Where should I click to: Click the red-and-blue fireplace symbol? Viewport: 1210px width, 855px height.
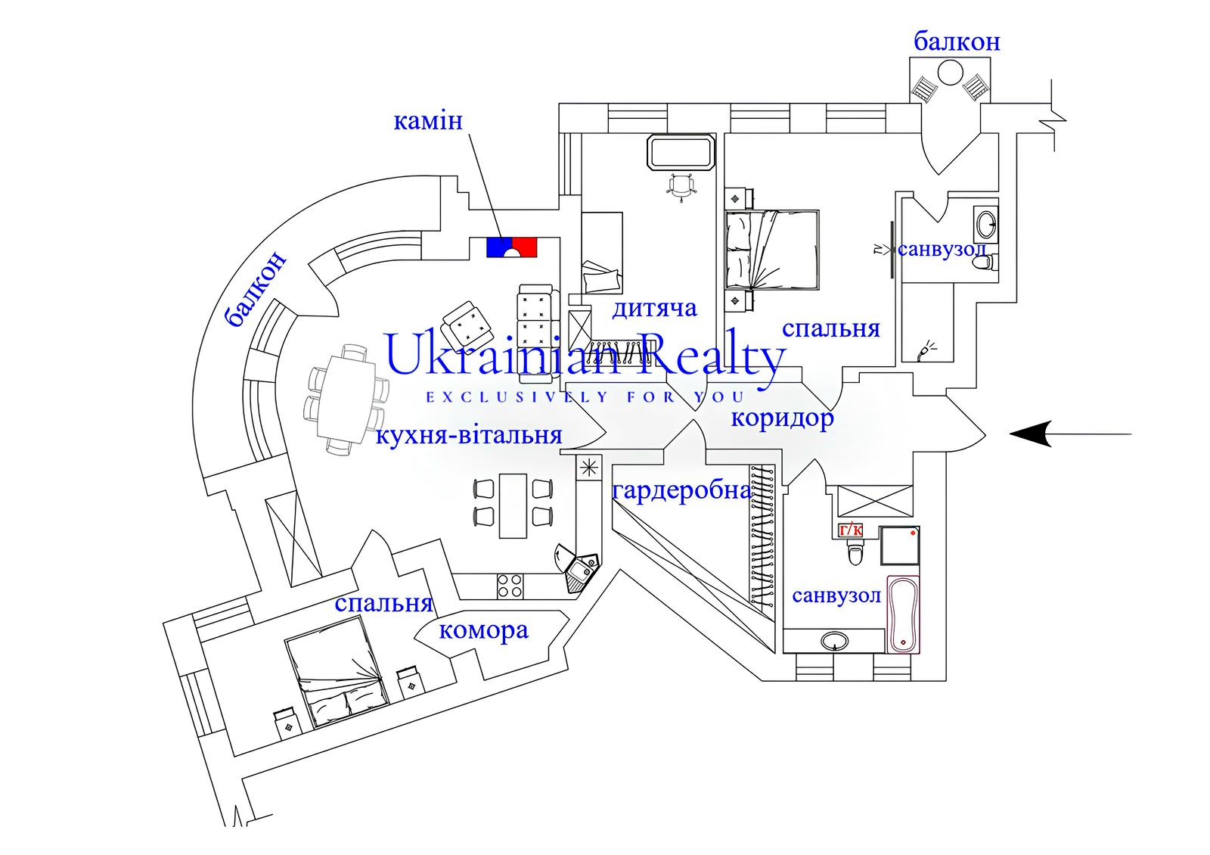tap(511, 247)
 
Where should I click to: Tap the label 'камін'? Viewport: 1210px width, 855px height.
tap(428, 121)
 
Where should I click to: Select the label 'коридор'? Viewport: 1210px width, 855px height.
tap(782, 418)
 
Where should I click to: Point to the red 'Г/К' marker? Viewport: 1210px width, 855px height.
tap(851, 530)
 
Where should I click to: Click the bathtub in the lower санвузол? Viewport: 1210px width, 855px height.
tap(903, 615)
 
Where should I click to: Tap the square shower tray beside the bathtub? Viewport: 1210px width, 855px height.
tap(900, 546)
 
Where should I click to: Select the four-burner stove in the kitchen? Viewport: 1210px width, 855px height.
tap(510, 585)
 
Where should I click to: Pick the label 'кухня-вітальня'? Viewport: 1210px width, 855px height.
tap(469, 436)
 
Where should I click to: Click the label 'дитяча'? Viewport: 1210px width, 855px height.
tap(654, 309)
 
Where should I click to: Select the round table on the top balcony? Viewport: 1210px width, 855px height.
tap(950, 74)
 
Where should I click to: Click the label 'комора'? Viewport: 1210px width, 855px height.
tap(483, 630)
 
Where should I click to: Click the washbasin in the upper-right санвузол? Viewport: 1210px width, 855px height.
tap(985, 224)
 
